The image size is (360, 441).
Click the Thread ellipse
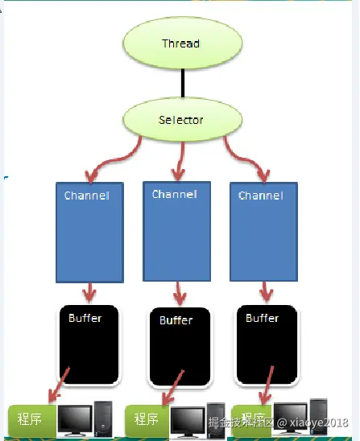(182, 43)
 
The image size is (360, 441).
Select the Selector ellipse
(182, 120)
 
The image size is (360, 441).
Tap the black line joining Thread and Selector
(183, 83)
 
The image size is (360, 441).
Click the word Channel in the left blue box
(87, 196)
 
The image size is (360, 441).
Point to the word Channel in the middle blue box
(175, 194)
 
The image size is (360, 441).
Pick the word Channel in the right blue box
(261, 196)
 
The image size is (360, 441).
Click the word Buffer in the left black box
(85, 318)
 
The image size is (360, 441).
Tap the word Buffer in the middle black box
(176, 320)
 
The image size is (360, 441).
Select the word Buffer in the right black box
(263, 318)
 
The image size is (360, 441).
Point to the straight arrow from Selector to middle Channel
(180, 161)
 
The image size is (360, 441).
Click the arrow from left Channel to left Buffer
(89, 292)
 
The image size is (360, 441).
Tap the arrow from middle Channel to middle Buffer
(180, 293)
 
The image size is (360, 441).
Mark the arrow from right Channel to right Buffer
(266, 292)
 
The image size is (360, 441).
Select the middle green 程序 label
(147, 419)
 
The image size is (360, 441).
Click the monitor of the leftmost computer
(75, 420)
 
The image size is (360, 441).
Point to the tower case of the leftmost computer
(103, 418)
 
